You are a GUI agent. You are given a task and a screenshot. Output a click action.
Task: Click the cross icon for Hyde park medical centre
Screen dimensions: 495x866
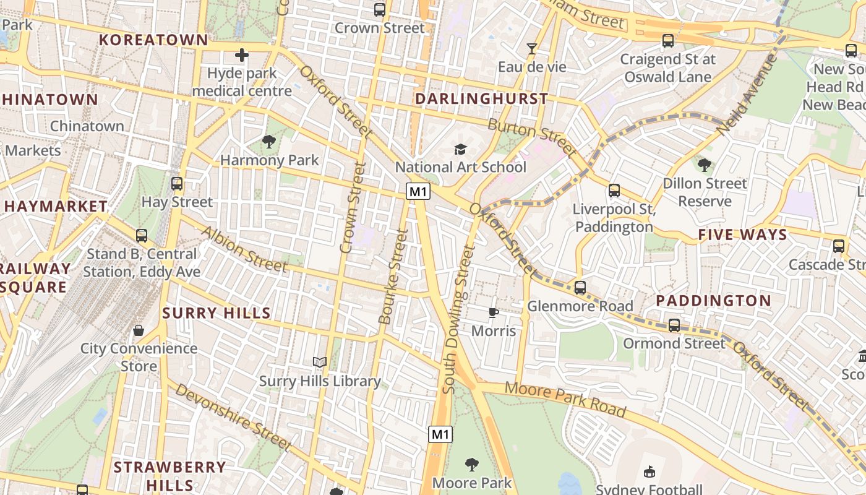241,56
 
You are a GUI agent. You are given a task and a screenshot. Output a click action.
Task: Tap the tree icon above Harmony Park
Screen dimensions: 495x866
269,142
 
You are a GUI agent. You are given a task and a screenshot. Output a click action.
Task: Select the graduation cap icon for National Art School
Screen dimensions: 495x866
460,149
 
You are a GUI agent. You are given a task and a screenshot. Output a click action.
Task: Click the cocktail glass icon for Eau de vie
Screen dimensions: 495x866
531,49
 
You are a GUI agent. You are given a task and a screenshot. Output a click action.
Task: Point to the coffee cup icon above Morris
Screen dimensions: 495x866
493,312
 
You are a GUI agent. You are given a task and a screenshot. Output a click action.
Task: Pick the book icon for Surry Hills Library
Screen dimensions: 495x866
319,363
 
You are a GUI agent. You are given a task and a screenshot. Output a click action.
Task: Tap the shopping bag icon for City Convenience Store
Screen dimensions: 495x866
139,330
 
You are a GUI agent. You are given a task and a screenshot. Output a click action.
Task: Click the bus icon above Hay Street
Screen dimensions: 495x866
177,184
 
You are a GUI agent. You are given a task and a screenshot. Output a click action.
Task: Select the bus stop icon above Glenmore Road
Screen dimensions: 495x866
580,288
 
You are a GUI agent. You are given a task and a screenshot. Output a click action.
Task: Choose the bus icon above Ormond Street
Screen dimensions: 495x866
674,325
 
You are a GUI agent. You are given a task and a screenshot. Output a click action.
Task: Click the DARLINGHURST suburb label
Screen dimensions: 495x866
481,99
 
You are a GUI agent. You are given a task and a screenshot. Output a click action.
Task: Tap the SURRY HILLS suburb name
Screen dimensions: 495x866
216,313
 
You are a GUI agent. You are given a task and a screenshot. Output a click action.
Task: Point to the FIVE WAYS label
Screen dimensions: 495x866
742,235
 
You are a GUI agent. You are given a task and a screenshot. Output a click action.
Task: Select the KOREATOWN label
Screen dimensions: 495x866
154,40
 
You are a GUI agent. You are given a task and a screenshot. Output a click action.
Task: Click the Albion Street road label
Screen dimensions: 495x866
244,249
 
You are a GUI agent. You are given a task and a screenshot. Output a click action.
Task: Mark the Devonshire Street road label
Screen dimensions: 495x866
233,417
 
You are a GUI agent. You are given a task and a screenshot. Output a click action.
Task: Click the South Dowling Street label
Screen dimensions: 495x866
458,319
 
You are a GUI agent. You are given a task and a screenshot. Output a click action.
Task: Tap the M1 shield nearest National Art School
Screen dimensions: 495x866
418,192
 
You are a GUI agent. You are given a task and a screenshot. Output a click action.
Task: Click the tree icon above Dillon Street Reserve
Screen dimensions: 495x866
704,165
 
